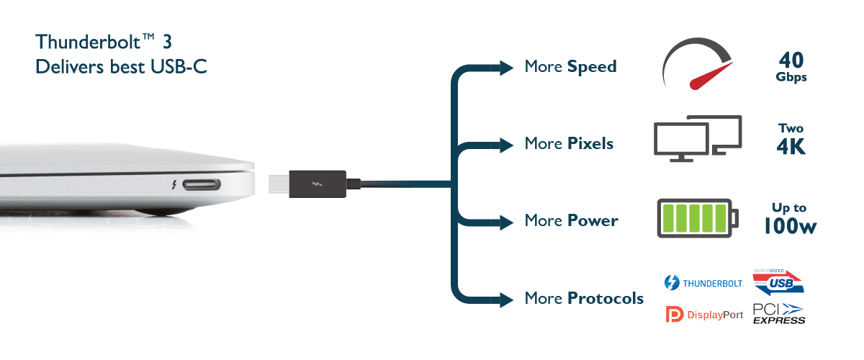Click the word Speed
pos(592,67)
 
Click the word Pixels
pos(590,143)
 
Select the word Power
pos(592,220)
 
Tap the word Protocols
pos(605,297)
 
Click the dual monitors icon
pos(697,136)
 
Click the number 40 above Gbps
pos(791,59)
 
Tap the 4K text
pos(791,146)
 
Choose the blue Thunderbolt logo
pos(670,283)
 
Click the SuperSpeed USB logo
pos(778,282)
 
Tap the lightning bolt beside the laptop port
pos(174,186)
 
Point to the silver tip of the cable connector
pos(278,185)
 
